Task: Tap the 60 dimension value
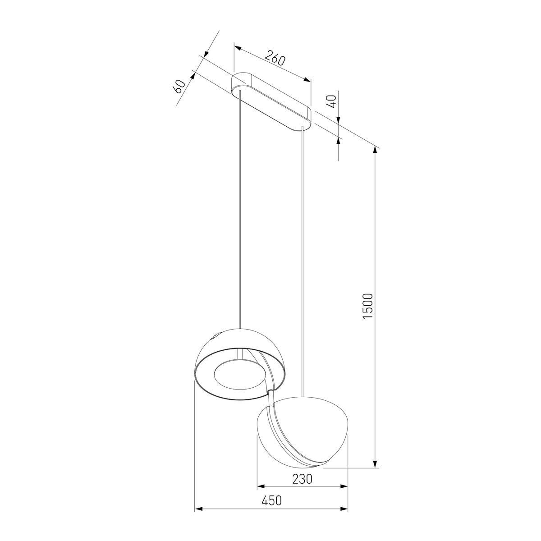[x=179, y=87]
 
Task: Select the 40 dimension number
[x=331, y=101]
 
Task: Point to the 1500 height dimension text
[x=367, y=306]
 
